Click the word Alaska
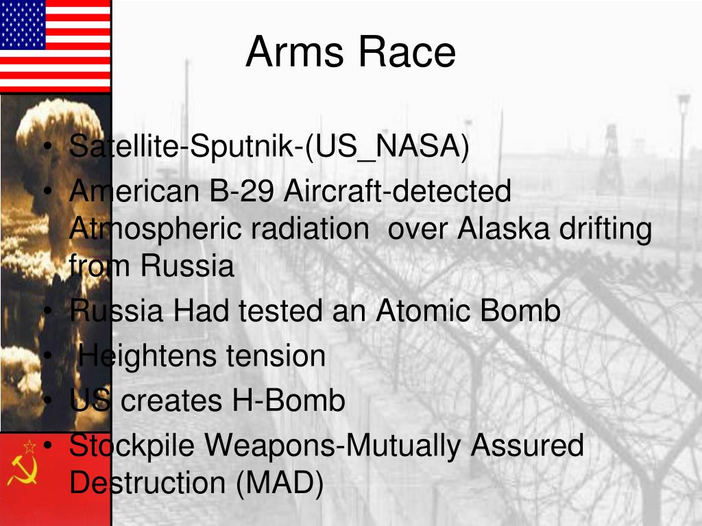[x=503, y=229]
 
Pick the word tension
[x=276, y=356]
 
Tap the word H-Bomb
[x=289, y=400]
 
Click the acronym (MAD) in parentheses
[x=280, y=483]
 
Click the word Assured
[x=527, y=444]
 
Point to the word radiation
[x=309, y=229]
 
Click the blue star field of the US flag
[x=23, y=24]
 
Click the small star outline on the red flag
[x=29, y=447]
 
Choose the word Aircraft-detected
[x=398, y=191]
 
